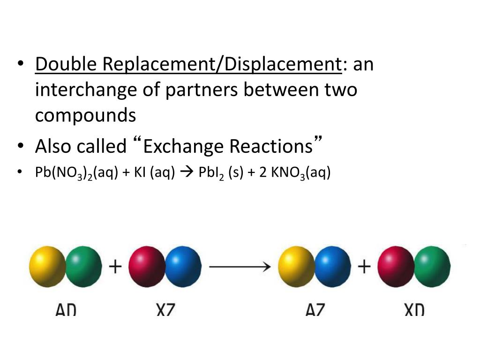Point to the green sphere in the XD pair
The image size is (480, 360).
coord(433,267)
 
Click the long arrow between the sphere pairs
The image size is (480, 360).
coord(240,267)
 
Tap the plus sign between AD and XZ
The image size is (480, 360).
coord(115,267)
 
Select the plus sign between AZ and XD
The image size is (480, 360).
coord(364,267)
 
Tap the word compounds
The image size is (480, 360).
coord(85,115)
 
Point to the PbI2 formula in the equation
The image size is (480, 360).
coord(210,173)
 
